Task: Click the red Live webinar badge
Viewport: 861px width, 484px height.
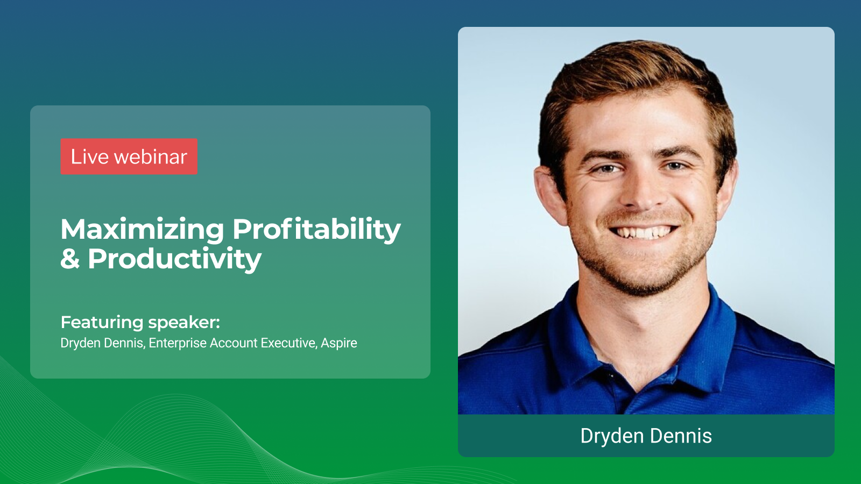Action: tap(129, 156)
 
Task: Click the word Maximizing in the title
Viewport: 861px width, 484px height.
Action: tap(142, 229)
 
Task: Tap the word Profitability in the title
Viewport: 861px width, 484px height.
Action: tap(316, 229)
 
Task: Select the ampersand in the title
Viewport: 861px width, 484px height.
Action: tap(70, 259)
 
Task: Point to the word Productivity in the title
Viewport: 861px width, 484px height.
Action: tap(174, 259)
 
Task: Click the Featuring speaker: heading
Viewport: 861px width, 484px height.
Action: tap(140, 322)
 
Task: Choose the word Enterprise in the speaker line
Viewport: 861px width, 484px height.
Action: tap(178, 343)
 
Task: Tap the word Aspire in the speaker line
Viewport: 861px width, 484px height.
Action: tap(339, 343)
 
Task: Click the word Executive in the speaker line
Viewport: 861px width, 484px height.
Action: tap(288, 343)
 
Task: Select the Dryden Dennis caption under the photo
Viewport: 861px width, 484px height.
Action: tap(646, 436)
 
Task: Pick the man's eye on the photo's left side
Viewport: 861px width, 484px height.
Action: tap(606, 169)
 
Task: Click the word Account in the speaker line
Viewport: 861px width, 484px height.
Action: tap(234, 343)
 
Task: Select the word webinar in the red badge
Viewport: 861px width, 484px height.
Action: tap(151, 156)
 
